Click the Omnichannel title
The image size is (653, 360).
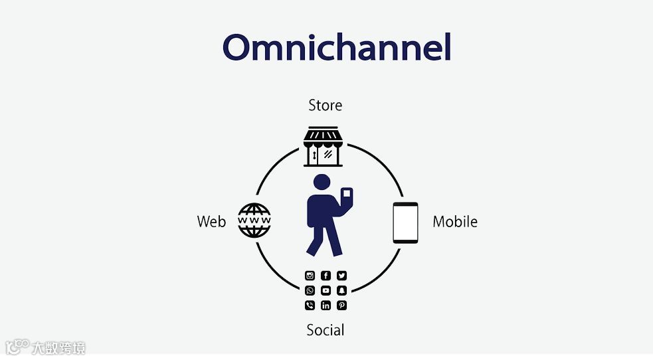click(x=336, y=48)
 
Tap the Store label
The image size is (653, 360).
click(x=326, y=105)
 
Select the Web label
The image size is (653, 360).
click(x=211, y=222)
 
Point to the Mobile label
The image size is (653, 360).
click(x=455, y=222)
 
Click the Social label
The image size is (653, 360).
click(x=326, y=329)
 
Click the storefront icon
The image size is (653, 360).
click(x=323, y=146)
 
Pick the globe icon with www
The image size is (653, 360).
click(x=254, y=221)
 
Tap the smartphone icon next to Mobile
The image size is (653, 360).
click(x=405, y=223)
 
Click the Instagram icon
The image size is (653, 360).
click(x=310, y=276)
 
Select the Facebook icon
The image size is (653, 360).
click(x=326, y=276)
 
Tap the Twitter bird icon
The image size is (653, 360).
click(x=341, y=276)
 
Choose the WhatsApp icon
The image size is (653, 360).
click(x=310, y=290)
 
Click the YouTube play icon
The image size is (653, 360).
click(x=326, y=290)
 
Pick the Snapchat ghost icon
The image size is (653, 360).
click(x=341, y=290)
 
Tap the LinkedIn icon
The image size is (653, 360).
click(x=326, y=306)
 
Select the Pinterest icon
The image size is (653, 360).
click(x=341, y=306)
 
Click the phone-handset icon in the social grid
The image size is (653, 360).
click(x=310, y=306)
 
